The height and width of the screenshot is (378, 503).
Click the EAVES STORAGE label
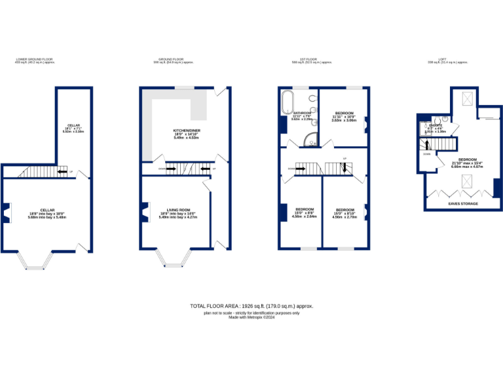pos(462,204)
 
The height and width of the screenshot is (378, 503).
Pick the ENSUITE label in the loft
pos(436,125)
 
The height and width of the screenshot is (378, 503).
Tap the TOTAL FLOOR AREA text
pos(251,306)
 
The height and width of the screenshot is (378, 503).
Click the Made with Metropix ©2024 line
pos(251,318)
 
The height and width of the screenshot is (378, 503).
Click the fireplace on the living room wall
pos(141,213)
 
